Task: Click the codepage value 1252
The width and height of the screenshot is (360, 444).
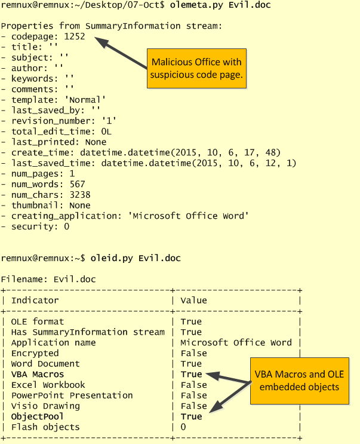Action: click(75, 36)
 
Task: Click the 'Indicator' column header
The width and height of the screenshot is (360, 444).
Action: click(35, 300)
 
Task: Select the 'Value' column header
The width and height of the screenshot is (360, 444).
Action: click(193, 300)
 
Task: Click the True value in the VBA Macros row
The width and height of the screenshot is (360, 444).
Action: click(191, 374)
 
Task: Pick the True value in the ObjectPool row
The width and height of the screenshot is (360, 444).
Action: click(191, 417)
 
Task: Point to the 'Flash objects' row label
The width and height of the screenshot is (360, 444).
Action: click(45, 427)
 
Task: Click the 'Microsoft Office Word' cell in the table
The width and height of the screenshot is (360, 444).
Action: click(236, 342)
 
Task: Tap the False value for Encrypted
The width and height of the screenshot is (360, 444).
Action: click(193, 353)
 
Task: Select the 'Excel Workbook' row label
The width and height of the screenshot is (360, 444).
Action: click(48, 385)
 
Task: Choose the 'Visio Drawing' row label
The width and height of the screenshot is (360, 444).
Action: click(45, 406)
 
